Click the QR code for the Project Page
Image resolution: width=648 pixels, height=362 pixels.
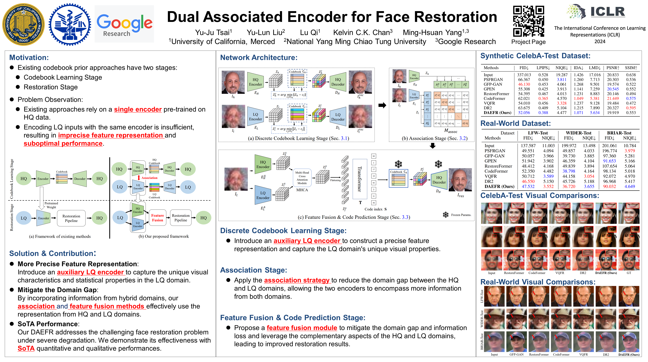click(x=528, y=21)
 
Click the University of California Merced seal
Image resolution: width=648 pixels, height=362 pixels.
click(x=23, y=24)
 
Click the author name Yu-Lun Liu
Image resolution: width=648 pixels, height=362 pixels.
click(x=266, y=33)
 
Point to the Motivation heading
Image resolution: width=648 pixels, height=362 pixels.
click(x=29, y=57)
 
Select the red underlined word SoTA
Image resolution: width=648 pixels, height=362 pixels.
click(x=26, y=348)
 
